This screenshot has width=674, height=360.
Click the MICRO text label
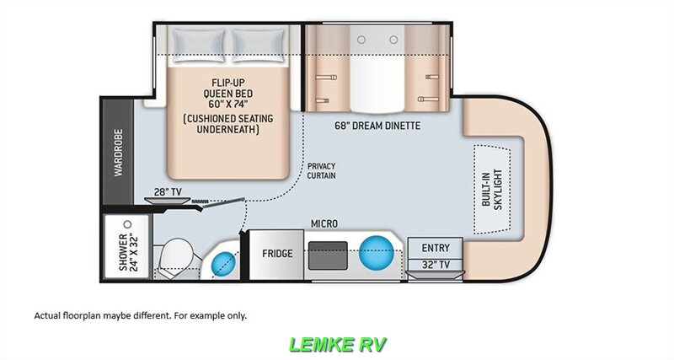324,223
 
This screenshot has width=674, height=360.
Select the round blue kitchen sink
376,250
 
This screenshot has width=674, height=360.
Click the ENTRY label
436,248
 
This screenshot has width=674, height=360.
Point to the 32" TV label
436,265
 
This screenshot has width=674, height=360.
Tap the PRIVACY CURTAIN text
326,171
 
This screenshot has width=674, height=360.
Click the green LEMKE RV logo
337,344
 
